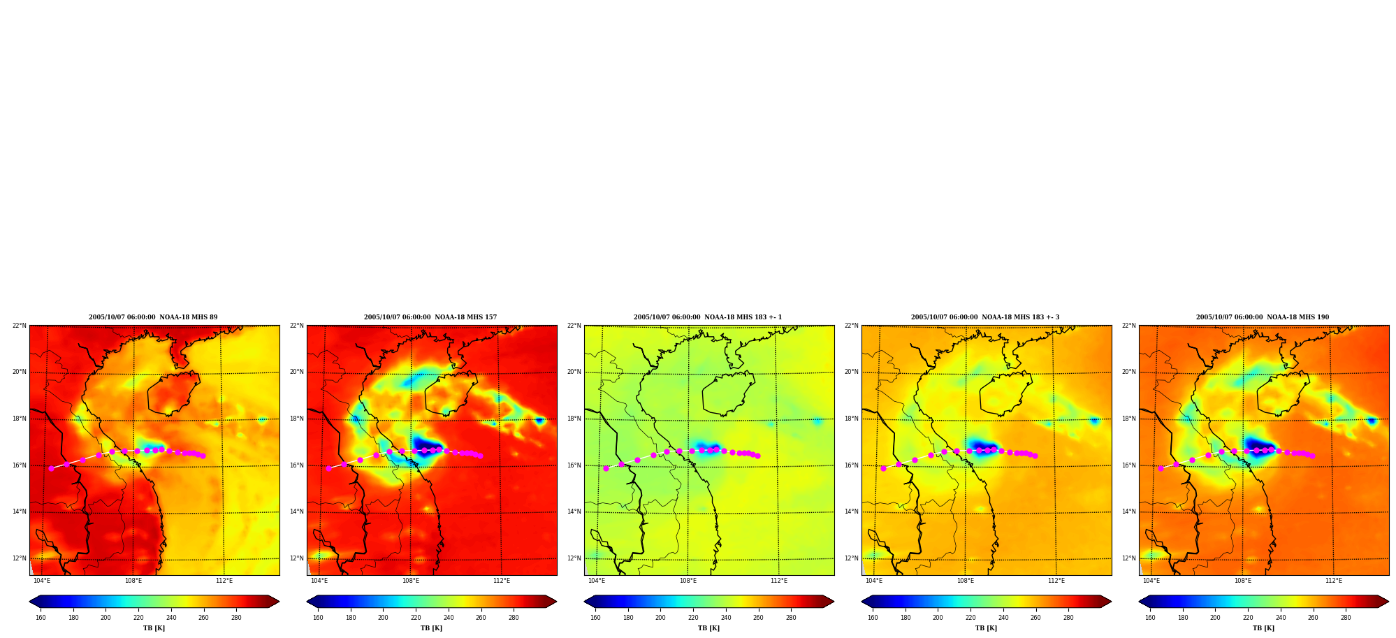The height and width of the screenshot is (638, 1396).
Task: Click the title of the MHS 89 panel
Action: pos(153,317)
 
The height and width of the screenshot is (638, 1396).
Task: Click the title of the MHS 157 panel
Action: pos(430,317)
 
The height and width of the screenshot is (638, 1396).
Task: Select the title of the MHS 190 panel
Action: pos(1263,317)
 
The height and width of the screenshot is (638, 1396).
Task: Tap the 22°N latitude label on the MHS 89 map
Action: pos(20,326)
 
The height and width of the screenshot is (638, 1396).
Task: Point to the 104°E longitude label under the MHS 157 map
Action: pos(319,581)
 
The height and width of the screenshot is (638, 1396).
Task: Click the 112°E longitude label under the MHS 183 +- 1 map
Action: pos(779,581)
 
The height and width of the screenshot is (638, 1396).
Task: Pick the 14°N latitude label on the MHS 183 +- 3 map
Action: pos(852,512)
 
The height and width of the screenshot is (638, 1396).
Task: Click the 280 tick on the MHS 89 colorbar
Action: pos(236,618)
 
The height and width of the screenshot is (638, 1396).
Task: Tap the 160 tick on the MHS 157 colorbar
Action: pos(318,618)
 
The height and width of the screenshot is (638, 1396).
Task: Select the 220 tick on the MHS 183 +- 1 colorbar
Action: pos(693,618)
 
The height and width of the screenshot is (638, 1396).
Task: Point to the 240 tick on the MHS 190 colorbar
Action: pos(1281,618)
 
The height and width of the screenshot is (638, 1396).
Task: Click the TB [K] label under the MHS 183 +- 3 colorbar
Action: pos(987,628)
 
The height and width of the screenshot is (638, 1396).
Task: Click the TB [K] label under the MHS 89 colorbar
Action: pos(154,628)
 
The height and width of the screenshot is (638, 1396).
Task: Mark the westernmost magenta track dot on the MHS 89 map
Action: pos(51,468)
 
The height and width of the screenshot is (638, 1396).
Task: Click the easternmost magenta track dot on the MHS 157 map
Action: pos(480,456)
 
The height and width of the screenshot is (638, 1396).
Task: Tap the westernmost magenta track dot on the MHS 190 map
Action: pos(1161,468)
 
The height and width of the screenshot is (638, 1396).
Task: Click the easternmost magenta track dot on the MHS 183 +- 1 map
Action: pos(757,456)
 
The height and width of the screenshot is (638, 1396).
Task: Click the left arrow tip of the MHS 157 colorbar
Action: pos(307,602)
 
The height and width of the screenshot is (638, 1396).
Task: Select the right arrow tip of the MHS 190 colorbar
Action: pos(1388,602)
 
